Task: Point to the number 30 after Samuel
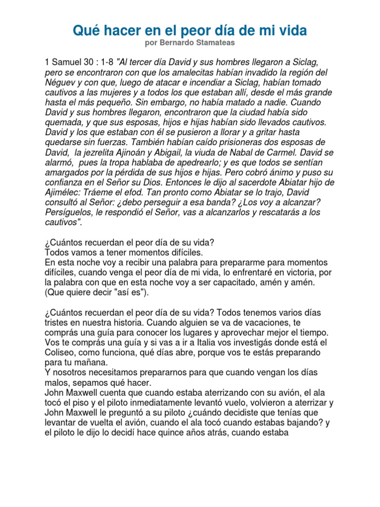(x=91, y=62)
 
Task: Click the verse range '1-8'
(x=108, y=62)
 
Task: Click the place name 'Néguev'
(x=60, y=83)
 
